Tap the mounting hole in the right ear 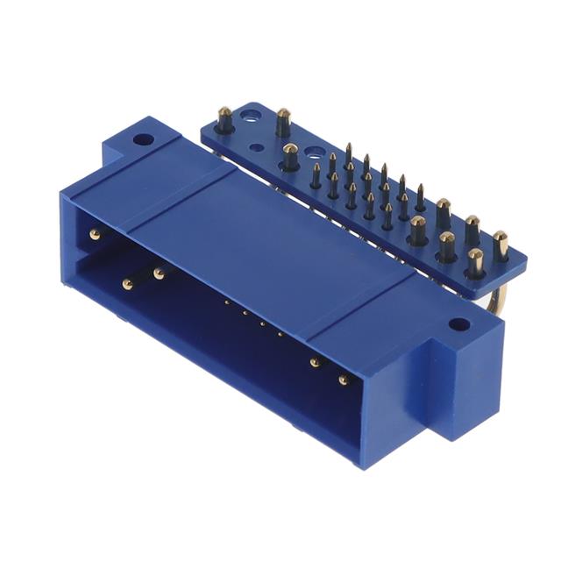pyautogui.click(x=458, y=323)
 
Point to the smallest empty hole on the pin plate pyautogui.click(x=256, y=147)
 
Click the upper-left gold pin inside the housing pyautogui.click(x=95, y=234)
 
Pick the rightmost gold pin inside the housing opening pyautogui.click(x=343, y=380)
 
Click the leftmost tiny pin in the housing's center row pyautogui.click(x=226, y=302)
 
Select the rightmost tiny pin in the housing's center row pyautogui.click(x=280, y=334)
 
